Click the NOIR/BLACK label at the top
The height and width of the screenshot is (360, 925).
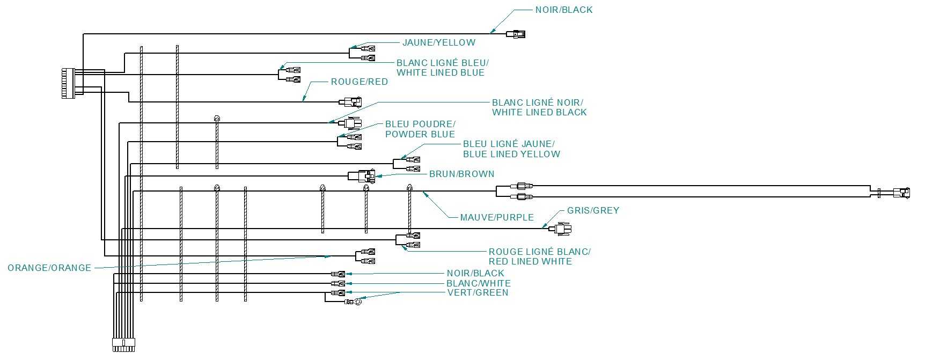pos(564,10)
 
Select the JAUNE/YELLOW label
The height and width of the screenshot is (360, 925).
pos(439,42)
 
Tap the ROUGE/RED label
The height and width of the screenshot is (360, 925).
pos(359,82)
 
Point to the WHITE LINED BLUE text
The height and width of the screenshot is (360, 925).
pos(441,73)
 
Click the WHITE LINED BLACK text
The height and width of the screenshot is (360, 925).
pos(539,113)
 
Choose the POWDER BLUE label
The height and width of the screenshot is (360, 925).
pos(420,135)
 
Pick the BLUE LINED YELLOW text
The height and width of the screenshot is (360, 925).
pos(511,155)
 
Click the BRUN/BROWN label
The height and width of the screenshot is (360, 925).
pos(461,174)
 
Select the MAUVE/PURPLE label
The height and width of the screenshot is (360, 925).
pos(497,218)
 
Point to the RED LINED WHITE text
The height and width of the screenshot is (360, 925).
pos(530,262)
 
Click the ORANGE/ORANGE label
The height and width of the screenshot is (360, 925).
pos(49,268)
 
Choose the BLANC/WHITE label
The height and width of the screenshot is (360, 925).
pos(479,283)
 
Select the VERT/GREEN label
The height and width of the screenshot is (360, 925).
pos(478,293)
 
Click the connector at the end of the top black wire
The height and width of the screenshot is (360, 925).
pos(516,35)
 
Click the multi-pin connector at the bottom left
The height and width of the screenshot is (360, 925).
pos(122,344)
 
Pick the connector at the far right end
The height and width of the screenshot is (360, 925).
pos(901,193)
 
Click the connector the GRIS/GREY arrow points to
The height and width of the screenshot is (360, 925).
pos(562,229)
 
